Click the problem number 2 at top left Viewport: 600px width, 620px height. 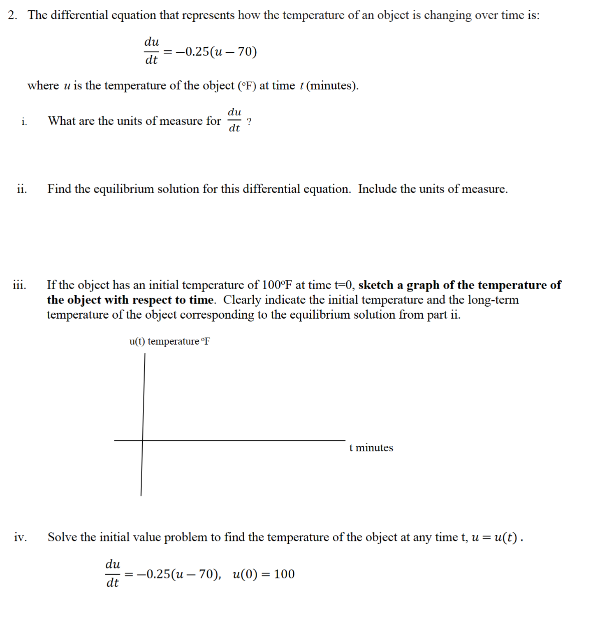coord(12,15)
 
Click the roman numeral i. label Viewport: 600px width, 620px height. coord(24,121)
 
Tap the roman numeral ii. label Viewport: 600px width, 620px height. coord(22,189)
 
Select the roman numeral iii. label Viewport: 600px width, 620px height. coord(19,285)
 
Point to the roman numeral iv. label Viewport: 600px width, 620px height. coord(21,537)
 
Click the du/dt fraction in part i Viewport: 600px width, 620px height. coord(234,120)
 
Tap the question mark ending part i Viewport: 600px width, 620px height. coord(249,122)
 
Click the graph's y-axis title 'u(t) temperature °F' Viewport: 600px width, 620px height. coord(169,341)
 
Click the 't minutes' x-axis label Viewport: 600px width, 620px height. coord(371,448)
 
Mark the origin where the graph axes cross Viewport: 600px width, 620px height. coord(142,441)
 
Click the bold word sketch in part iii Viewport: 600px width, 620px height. coord(375,285)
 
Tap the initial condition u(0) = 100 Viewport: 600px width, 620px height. coord(264,574)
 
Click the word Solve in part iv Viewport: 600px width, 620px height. coord(62,537)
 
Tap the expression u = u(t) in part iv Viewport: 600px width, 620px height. coord(494,537)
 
